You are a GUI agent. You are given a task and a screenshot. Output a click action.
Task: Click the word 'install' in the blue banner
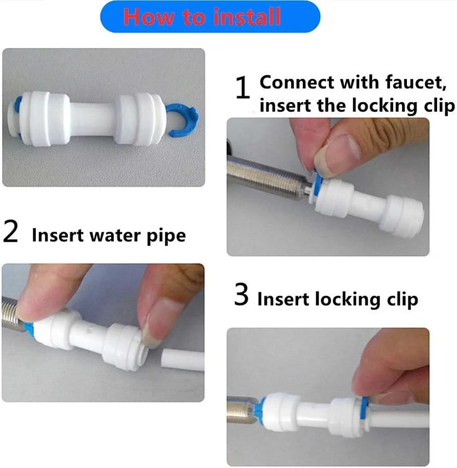247,16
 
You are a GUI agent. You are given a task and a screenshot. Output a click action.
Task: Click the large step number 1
243,87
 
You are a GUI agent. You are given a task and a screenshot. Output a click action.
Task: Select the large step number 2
10,231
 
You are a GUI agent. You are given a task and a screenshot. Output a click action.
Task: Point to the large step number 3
241,295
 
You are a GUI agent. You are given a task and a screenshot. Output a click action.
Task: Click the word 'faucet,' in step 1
416,82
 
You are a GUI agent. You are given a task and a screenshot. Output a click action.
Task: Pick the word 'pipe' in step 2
166,236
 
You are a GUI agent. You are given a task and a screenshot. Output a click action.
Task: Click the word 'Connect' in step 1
297,82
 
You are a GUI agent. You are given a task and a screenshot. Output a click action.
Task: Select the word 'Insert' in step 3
282,299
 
